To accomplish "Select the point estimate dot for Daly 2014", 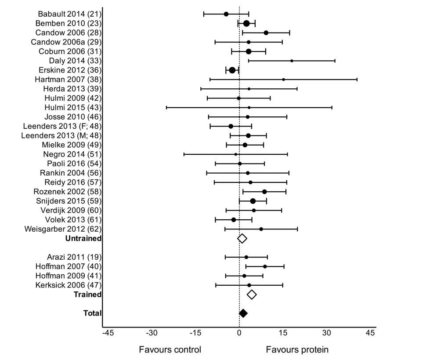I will pyautogui.click(x=292, y=61).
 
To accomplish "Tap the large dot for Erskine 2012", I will pyautogui.click(x=232, y=70).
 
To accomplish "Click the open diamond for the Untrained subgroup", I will pyautogui.click(x=242, y=238).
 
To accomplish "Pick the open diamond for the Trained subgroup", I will pyautogui.click(x=252, y=295).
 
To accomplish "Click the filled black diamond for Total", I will pyautogui.click(x=243, y=313).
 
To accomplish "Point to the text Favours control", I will pyautogui.click(x=170, y=350).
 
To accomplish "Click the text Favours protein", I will pyautogui.click(x=297, y=350).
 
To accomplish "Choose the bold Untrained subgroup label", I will pyautogui.click(x=83, y=238).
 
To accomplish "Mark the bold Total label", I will pyautogui.click(x=93, y=313).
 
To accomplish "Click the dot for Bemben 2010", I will pyautogui.click(x=246, y=23).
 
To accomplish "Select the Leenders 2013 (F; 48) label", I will pyautogui.click(x=62, y=126).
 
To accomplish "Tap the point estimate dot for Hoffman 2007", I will pyautogui.click(x=265, y=266).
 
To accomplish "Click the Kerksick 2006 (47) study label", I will pyautogui.click(x=69, y=285).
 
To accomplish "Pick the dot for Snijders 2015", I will pyautogui.click(x=253, y=201).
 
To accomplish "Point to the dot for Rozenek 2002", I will pyautogui.click(x=264, y=192).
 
